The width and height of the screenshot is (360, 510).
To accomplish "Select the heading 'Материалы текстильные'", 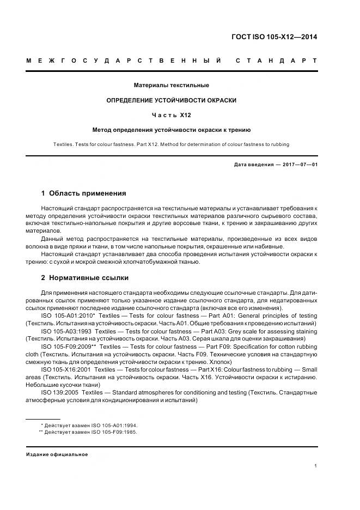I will click(172, 85).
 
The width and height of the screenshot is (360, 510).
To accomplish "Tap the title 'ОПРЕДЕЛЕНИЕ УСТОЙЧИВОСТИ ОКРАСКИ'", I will click(171, 100).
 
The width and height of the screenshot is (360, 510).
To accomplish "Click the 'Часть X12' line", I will click(171, 115).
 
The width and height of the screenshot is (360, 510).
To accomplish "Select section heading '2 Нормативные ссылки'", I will click(85, 277).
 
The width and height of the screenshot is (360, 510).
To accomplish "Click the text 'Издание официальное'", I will click(57, 454).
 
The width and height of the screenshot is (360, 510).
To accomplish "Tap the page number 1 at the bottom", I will click(315, 466).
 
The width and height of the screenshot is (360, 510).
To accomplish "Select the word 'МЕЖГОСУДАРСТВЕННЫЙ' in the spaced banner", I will click(124, 60).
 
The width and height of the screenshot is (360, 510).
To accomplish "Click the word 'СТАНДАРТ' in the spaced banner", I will click(276, 60).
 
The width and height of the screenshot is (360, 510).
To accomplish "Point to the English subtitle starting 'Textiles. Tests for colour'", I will click(171, 144).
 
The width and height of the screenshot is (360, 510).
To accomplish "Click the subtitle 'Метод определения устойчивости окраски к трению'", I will click(171, 130).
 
